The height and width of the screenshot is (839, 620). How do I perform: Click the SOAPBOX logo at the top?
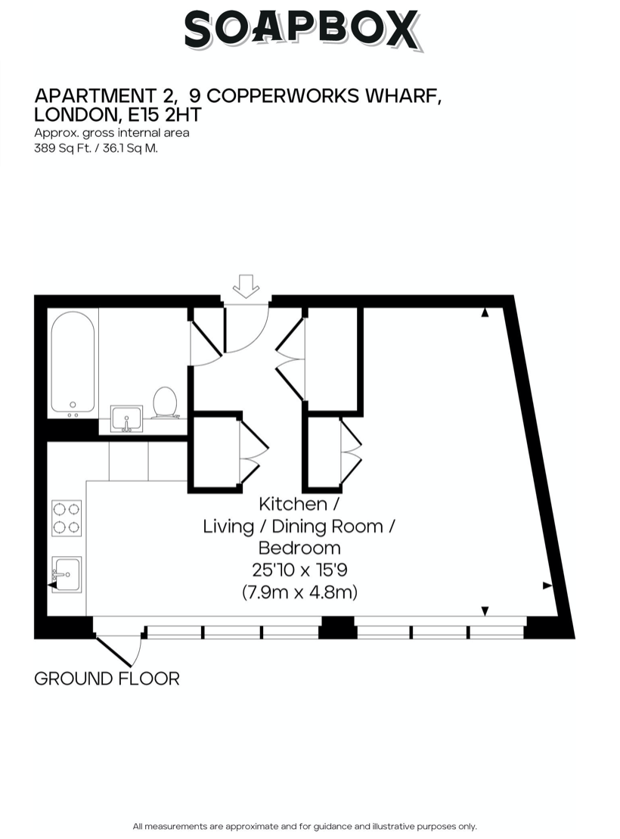click(301, 30)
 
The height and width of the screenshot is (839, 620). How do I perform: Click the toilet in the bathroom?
click(165, 402)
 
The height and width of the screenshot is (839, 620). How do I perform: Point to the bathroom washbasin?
click(126, 418)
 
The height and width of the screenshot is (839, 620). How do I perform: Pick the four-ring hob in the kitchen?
click(67, 517)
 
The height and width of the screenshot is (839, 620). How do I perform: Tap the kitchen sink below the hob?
click(66, 574)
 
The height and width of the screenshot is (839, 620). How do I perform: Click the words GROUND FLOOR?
click(107, 679)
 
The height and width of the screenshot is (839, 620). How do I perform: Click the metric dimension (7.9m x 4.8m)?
click(299, 592)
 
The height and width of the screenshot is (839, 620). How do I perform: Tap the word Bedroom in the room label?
click(299, 548)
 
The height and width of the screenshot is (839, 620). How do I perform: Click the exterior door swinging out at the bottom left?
click(119, 650)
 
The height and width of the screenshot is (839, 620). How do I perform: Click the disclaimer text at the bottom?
click(304, 826)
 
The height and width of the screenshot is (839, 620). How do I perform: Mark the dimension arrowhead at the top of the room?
click(485, 311)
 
